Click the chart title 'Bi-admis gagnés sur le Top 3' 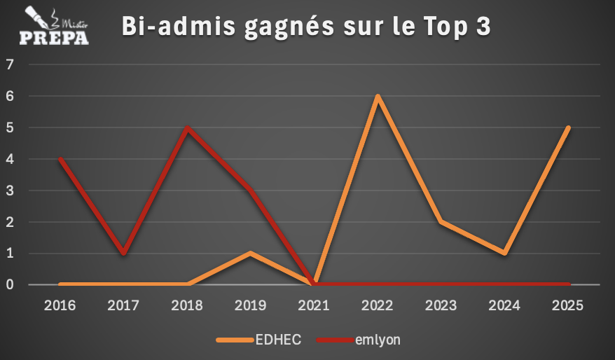coord(306,27)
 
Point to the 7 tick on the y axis coord(10,65)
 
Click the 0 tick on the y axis coord(10,285)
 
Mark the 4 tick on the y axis coord(10,160)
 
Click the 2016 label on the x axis coord(60,306)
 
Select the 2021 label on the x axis coord(315,306)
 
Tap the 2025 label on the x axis coord(568,306)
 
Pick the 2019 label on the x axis coord(251,306)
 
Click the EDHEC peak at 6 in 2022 coord(378,97)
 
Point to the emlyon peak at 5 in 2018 coord(187,128)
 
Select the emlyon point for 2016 coord(61,159)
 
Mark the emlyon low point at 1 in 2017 coord(124,253)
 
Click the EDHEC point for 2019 coord(251,253)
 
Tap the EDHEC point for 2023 coord(441,222)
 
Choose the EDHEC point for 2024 coord(504,253)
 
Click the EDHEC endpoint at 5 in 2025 coord(567,128)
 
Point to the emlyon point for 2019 coord(251,191)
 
